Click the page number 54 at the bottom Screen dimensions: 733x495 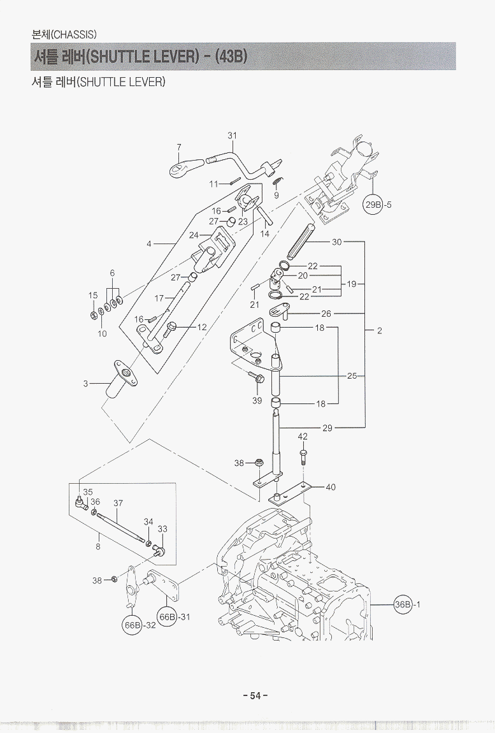(255, 695)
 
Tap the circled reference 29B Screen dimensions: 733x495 (373, 205)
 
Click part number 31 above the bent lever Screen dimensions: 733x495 (232, 135)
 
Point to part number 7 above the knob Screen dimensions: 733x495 (180, 147)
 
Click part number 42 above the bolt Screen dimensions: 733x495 (303, 437)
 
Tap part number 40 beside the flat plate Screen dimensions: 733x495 (331, 487)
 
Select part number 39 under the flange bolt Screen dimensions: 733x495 (257, 400)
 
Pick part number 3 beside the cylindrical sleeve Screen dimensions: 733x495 (85, 384)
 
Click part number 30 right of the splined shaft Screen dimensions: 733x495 (337, 242)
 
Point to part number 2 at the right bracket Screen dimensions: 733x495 (379, 331)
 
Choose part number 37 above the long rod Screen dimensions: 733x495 (118, 503)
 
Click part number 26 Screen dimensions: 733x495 (326, 314)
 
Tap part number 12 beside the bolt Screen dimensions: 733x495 (202, 327)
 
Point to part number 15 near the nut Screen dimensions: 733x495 (93, 295)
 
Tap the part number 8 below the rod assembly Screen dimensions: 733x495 (98, 546)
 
